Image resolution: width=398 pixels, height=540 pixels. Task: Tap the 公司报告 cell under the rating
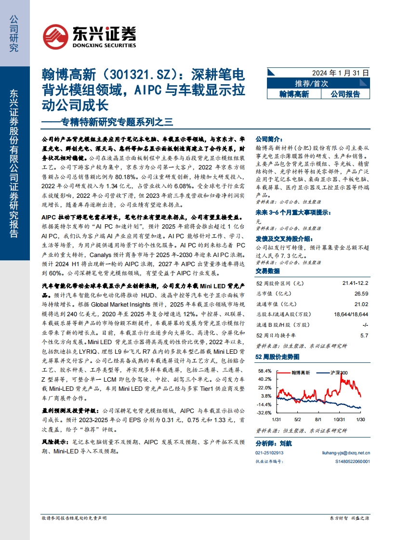345,94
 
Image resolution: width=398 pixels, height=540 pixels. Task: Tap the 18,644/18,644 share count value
351,315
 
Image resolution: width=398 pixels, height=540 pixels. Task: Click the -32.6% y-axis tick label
264,413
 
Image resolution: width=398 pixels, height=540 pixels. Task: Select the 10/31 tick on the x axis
339,420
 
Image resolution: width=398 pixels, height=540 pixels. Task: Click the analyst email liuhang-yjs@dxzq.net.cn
345,452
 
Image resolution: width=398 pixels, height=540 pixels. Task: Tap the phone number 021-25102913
269,452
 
